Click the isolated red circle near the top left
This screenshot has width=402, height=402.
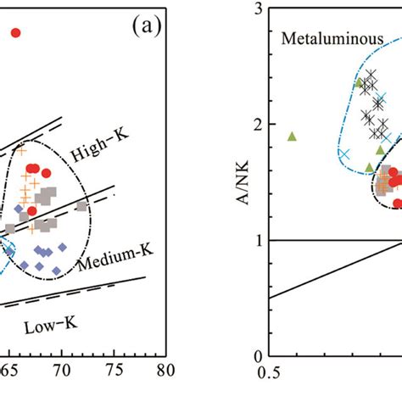14,33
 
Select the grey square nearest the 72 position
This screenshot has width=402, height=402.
81,206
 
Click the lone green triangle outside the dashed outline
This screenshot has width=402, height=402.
292,136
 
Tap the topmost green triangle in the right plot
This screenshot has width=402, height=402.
359,82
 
